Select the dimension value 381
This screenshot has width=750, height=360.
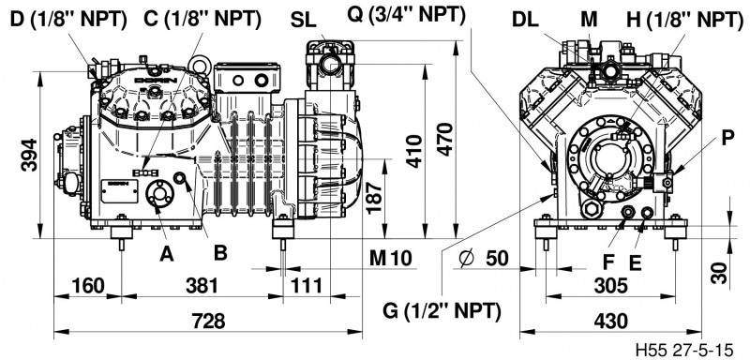[x=202, y=286]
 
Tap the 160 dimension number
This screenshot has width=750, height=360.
[x=88, y=286]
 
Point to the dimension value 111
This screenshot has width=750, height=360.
[x=307, y=286]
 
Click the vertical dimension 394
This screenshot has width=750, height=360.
[x=29, y=155]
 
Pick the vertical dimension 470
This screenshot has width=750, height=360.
[x=446, y=139]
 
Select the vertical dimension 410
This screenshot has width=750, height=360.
[x=414, y=152]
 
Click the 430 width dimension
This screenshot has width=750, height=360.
[x=610, y=322]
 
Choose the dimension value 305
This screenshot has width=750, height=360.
[x=610, y=286]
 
